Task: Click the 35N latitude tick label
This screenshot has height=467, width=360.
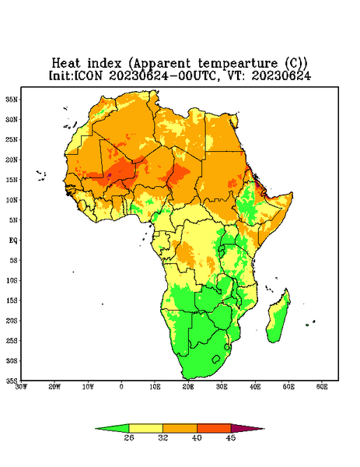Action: coord(12,99)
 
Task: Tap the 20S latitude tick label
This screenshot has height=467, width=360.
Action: coord(12,321)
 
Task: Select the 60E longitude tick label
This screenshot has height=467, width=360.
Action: coord(322,387)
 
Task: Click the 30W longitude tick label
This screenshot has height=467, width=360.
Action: coord(21,387)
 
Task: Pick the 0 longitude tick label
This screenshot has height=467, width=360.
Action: coord(121,387)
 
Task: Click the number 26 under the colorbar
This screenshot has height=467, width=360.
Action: coord(129,437)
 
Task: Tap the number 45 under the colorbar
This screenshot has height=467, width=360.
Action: coord(231,437)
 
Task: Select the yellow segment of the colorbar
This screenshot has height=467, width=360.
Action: coord(145,428)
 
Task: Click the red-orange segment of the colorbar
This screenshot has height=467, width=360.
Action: coord(214,428)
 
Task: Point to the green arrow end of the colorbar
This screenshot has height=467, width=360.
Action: coord(112,428)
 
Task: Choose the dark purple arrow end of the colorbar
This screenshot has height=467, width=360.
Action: coord(247,428)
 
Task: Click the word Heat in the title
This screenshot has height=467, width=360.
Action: coord(66,63)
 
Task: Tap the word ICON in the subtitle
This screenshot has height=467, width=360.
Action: coord(88,75)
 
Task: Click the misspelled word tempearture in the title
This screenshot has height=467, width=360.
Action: coord(238,64)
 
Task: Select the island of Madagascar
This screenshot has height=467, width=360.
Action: coord(278,318)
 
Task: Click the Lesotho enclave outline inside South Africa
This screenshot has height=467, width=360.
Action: coord(216,359)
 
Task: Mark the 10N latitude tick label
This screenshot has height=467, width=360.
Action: coord(12,200)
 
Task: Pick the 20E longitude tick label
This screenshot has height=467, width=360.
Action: coord(188,387)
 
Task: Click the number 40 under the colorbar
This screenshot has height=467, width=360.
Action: coord(197,437)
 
